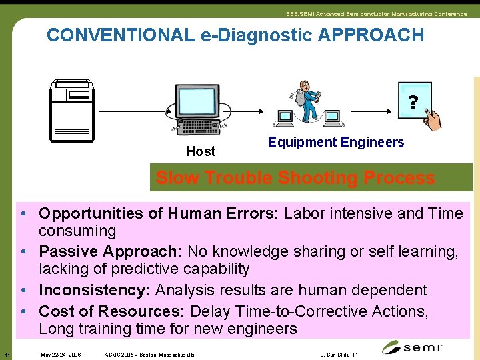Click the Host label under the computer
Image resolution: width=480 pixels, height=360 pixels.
tap(200, 151)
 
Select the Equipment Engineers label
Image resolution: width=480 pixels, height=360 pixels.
tap(336, 142)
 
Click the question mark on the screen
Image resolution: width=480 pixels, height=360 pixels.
tap(413, 102)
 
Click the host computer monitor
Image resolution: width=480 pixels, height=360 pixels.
tap(197, 103)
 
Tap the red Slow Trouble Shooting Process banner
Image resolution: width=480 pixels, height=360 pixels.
tap(295, 178)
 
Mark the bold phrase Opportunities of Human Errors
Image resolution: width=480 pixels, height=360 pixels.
tap(161, 213)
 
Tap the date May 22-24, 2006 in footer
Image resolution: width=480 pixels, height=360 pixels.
tap(61, 355)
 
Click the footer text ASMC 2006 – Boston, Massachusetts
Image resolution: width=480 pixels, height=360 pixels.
tap(150, 355)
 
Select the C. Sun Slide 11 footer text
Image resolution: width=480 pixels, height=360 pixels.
tap(339, 355)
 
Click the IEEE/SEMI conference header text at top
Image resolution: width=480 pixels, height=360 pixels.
tap(375, 14)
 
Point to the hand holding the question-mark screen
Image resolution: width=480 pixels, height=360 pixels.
tap(433, 120)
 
